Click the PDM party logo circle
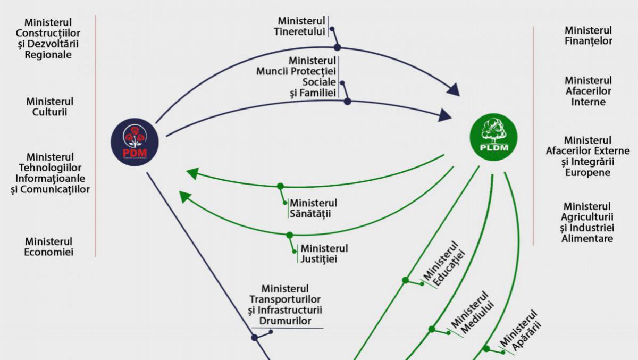pos(135,141)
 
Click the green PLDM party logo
pos(493,137)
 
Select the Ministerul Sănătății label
pos(313,208)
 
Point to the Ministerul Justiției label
pos(323,254)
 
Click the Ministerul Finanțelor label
pos(588,36)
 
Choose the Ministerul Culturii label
pos(50,106)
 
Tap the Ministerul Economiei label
pos(49,247)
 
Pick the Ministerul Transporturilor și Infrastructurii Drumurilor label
pos(285,305)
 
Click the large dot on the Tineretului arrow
pos(337,47)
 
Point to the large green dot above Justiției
pos(290,235)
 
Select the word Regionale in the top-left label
pos(48,54)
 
